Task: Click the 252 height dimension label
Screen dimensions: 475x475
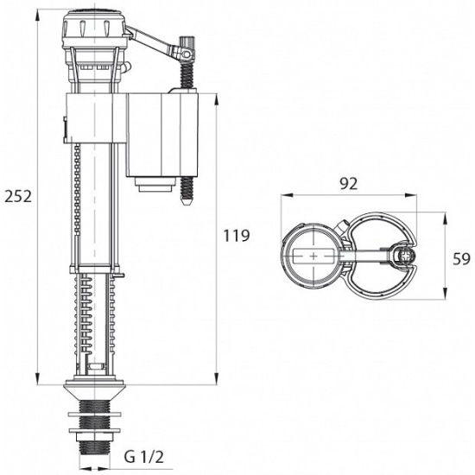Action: (x=18, y=197)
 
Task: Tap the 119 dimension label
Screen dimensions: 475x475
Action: (x=237, y=236)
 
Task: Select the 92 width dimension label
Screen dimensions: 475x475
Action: (x=348, y=184)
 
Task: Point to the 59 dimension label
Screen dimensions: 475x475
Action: (x=462, y=259)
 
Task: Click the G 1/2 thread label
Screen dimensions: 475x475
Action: (x=144, y=457)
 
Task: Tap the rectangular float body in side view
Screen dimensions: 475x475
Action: (x=161, y=135)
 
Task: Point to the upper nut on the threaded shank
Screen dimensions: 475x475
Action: (x=94, y=414)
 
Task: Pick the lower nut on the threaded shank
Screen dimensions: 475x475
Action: (x=94, y=430)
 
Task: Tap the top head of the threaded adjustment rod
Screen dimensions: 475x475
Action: (x=187, y=41)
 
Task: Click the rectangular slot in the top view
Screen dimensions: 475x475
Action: (x=313, y=256)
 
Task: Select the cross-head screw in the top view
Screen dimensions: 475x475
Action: (x=406, y=256)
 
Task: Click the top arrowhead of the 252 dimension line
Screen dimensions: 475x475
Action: (x=37, y=15)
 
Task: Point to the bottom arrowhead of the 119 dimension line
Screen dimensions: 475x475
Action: (x=216, y=379)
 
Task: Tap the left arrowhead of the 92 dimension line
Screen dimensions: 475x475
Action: (x=287, y=195)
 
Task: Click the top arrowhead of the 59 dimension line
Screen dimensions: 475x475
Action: (x=445, y=218)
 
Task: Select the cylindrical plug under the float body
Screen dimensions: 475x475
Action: (x=155, y=184)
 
